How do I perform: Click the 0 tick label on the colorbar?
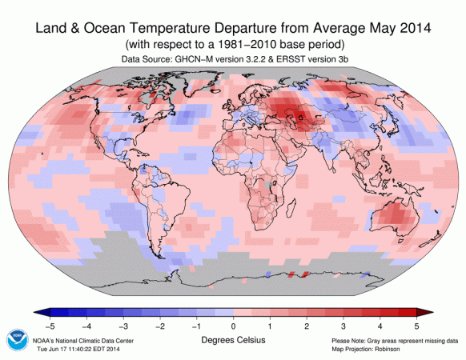[233, 326]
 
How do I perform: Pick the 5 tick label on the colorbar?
[416, 326]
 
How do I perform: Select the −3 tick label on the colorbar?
[122, 326]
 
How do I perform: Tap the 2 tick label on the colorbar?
[307, 326]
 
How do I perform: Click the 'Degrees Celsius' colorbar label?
[232, 339]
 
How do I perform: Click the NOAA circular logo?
[16, 338]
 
